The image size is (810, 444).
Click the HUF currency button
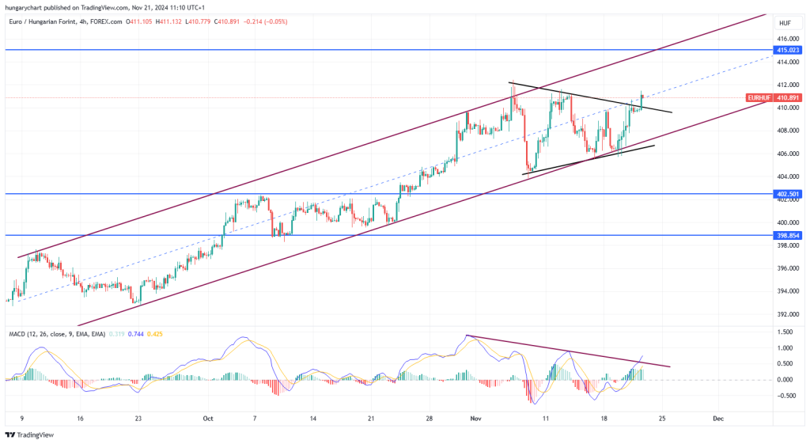(785, 23)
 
